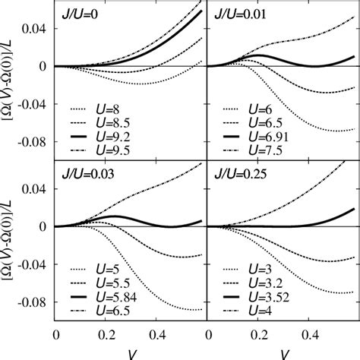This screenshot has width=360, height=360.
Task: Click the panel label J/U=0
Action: pos(81,13)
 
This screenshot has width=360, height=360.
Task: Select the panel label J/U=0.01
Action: pos(244,13)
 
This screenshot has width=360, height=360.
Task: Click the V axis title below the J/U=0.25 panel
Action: pos(282,354)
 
